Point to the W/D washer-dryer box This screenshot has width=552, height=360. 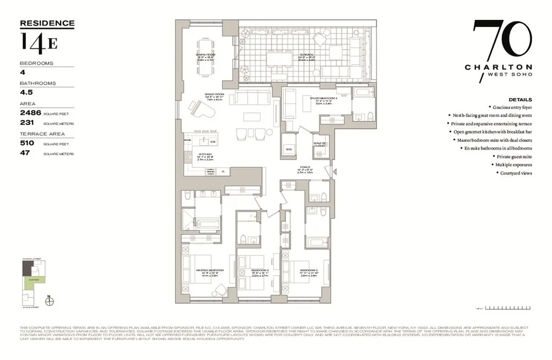click(289, 149)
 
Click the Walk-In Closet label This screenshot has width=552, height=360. click(320, 145)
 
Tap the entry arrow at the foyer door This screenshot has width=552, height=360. click(333, 172)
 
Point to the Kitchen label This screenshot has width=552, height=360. click(205, 155)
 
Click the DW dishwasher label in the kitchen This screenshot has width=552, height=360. click(212, 141)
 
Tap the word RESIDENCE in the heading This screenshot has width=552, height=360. click(47, 23)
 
